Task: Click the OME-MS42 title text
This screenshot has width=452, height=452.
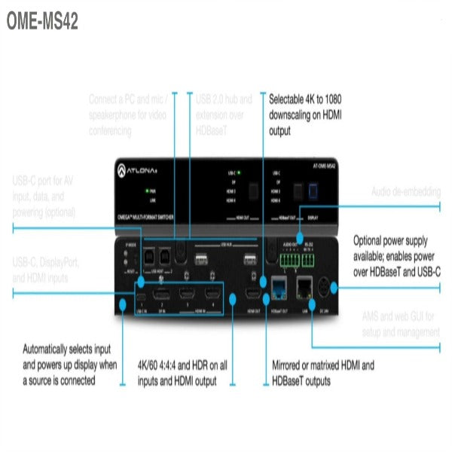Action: pyautogui.click(x=41, y=21)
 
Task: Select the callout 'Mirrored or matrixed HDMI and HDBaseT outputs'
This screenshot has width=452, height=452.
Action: pyautogui.click(x=322, y=373)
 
